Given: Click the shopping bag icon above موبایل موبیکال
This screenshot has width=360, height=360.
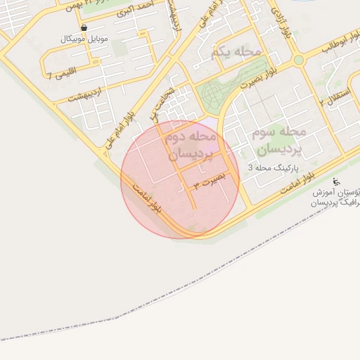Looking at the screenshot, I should click(x=84, y=28).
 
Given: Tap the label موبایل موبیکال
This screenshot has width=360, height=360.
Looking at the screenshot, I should click(x=84, y=39).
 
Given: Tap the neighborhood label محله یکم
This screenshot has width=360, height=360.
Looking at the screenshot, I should click(x=235, y=51).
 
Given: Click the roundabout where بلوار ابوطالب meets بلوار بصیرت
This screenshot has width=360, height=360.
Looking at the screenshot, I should click(x=299, y=60).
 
